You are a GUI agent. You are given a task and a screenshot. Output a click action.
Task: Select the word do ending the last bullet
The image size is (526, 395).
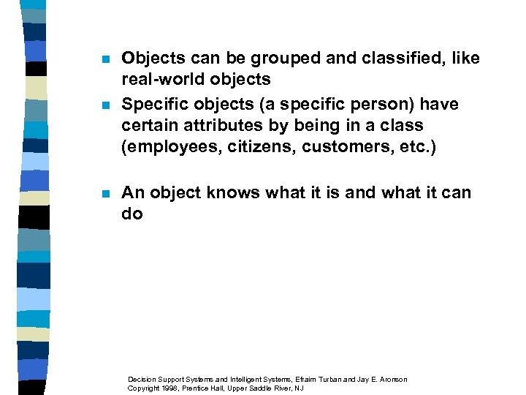coord(132,214)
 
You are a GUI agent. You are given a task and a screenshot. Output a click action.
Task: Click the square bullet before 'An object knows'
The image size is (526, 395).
coord(104,194)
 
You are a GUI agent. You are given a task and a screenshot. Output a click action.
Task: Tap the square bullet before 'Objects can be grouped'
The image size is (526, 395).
coord(104,59)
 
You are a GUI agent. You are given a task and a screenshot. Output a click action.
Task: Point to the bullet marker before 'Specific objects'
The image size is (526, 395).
coord(104,105)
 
